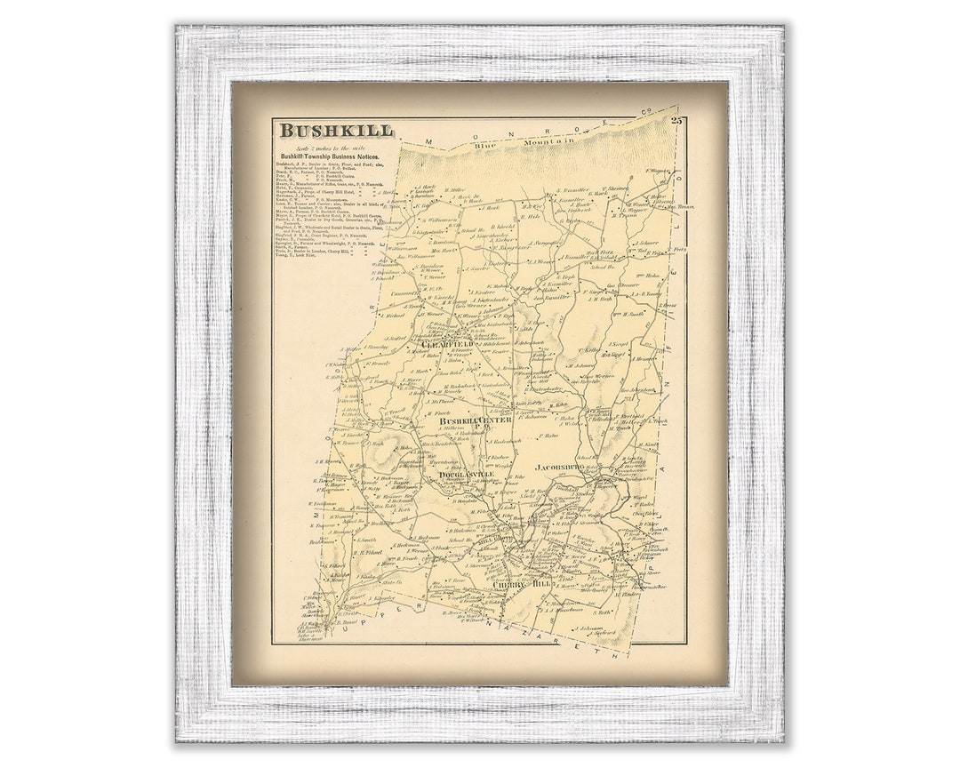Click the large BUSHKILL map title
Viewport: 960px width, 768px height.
tap(336, 131)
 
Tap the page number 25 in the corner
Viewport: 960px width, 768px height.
tap(677, 120)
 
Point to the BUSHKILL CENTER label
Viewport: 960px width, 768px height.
tap(484, 420)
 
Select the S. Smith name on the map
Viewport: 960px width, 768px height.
tap(366, 540)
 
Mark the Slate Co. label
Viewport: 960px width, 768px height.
tap(392, 582)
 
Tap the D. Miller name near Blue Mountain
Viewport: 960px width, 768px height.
tap(457, 190)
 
